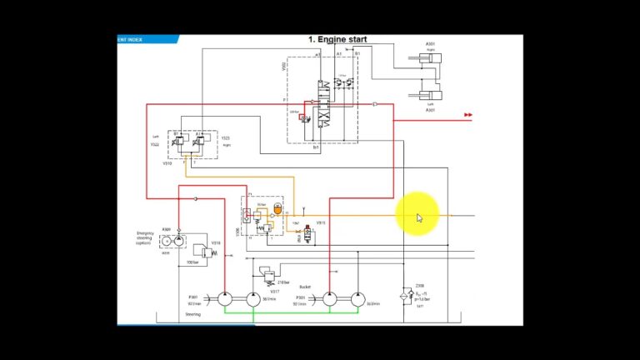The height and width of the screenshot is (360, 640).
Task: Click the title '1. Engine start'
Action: click(x=337, y=39)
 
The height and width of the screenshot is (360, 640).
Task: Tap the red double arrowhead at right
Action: click(x=468, y=115)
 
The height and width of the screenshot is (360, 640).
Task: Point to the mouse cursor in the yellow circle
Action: click(x=419, y=217)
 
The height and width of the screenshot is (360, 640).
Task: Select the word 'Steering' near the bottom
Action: click(x=194, y=315)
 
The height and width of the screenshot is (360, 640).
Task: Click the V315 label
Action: click(x=321, y=223)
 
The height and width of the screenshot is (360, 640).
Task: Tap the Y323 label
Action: click(x=225, y=137)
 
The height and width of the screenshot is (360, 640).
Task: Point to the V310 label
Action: click(x=167, y=163)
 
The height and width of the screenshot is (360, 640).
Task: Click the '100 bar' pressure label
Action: click(x=193, y=262)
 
